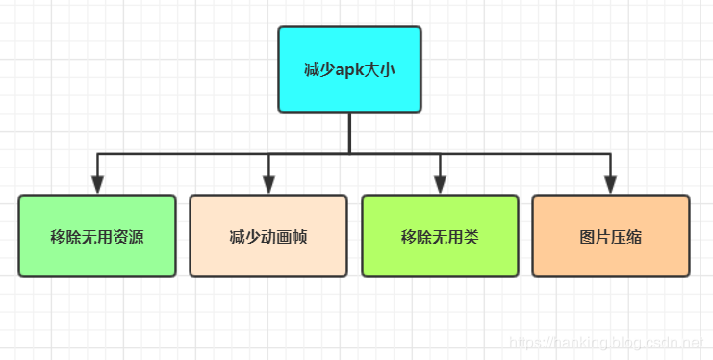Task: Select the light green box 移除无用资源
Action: (x=97, y=236)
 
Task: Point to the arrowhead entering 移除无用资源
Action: (x=97, y=185)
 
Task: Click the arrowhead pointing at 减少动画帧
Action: (x=268, y=185)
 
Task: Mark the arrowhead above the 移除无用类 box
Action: (x=440, y=185)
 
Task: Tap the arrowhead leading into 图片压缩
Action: (x=611, y=185)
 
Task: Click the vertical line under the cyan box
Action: (x=349, y=132)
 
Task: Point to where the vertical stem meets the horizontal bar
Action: (x=349, y=153)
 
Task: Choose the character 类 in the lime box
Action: (x=471, y=237)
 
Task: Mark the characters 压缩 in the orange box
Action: (x=626, y=237)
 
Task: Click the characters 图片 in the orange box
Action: (x=595, y=237)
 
